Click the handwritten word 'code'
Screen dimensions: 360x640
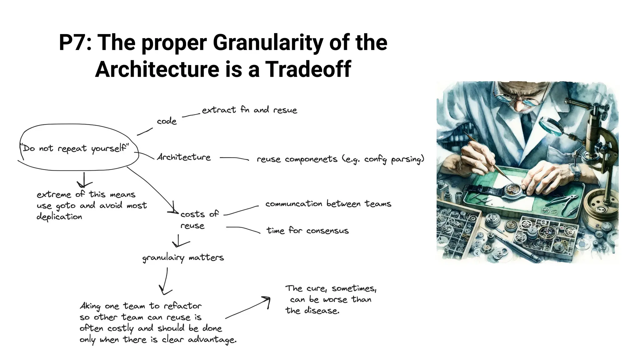click(167, 121)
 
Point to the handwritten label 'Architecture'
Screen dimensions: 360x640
click(184, 157)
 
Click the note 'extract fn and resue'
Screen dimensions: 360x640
click(249, 110)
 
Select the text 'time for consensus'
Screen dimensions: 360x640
click(307, 231)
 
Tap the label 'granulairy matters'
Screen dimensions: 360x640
click(183, 258)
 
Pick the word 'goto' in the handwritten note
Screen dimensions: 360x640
click(65, 206)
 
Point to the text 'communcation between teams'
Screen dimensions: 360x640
click(328, 204)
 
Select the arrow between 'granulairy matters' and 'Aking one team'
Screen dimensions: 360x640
click(165, 282)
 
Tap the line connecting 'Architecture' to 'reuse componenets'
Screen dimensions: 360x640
click(234, 158)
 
